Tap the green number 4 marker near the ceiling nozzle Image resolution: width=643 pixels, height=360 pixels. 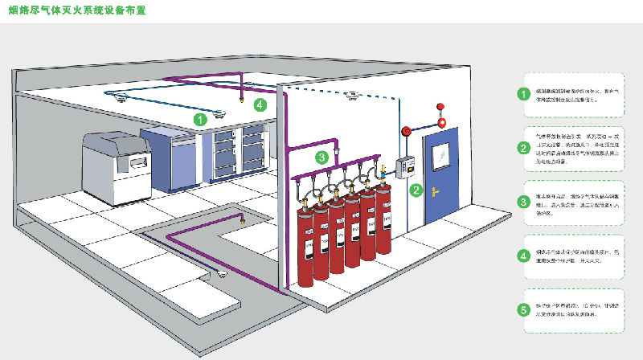click(259, 104)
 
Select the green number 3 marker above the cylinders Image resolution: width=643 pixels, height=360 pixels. click(320, 157)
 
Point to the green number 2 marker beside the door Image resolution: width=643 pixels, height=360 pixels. click(416, 190)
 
